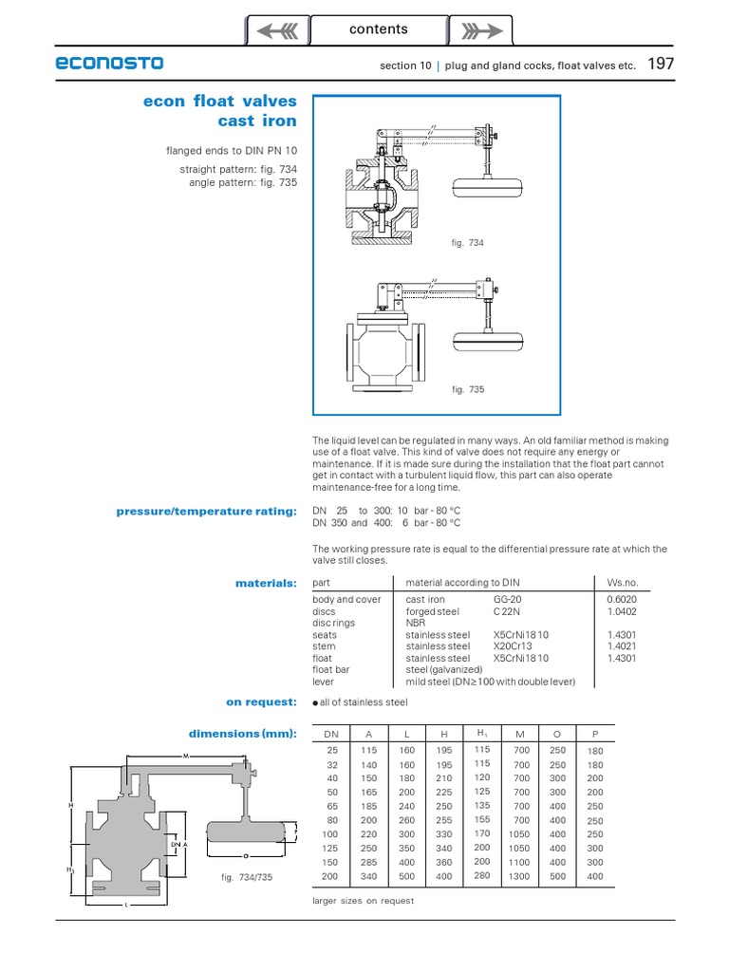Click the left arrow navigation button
pos(278,30)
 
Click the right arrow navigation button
pos(480,30)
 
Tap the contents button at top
pos(379,29)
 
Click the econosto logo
pos(109,64)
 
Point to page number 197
pos(661,65)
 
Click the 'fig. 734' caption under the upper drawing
pos(468,243)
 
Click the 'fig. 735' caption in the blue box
pos(468,390)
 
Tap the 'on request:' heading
pos(261,701)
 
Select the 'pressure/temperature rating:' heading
pos(206,512)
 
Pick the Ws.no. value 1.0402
pos(621,612)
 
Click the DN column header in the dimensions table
pos(331,734)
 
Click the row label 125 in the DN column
pos(331,848)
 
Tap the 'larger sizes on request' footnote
pos(363,901)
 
